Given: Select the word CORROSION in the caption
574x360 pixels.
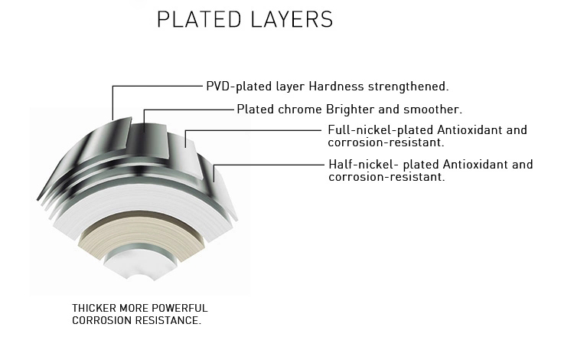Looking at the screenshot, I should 99,320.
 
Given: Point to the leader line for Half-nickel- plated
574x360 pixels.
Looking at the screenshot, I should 268,164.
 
